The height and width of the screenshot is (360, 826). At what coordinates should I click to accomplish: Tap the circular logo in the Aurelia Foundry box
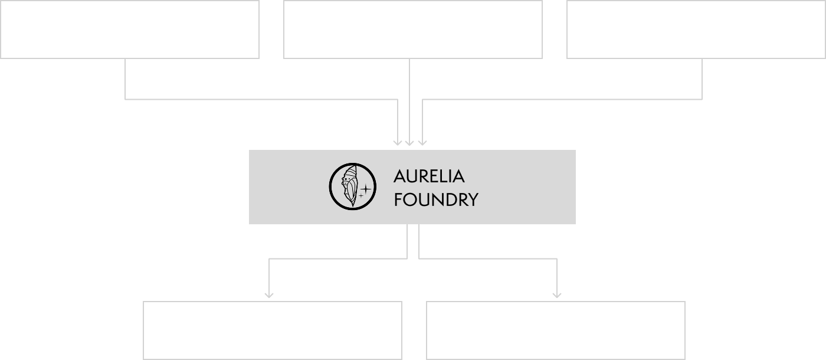point(353,187)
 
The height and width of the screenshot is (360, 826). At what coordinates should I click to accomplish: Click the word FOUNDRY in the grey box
point(435,200)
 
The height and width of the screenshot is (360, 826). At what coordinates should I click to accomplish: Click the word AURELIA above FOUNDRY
point(429,176)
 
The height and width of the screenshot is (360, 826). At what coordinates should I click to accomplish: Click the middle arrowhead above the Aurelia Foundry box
point(410,142)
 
